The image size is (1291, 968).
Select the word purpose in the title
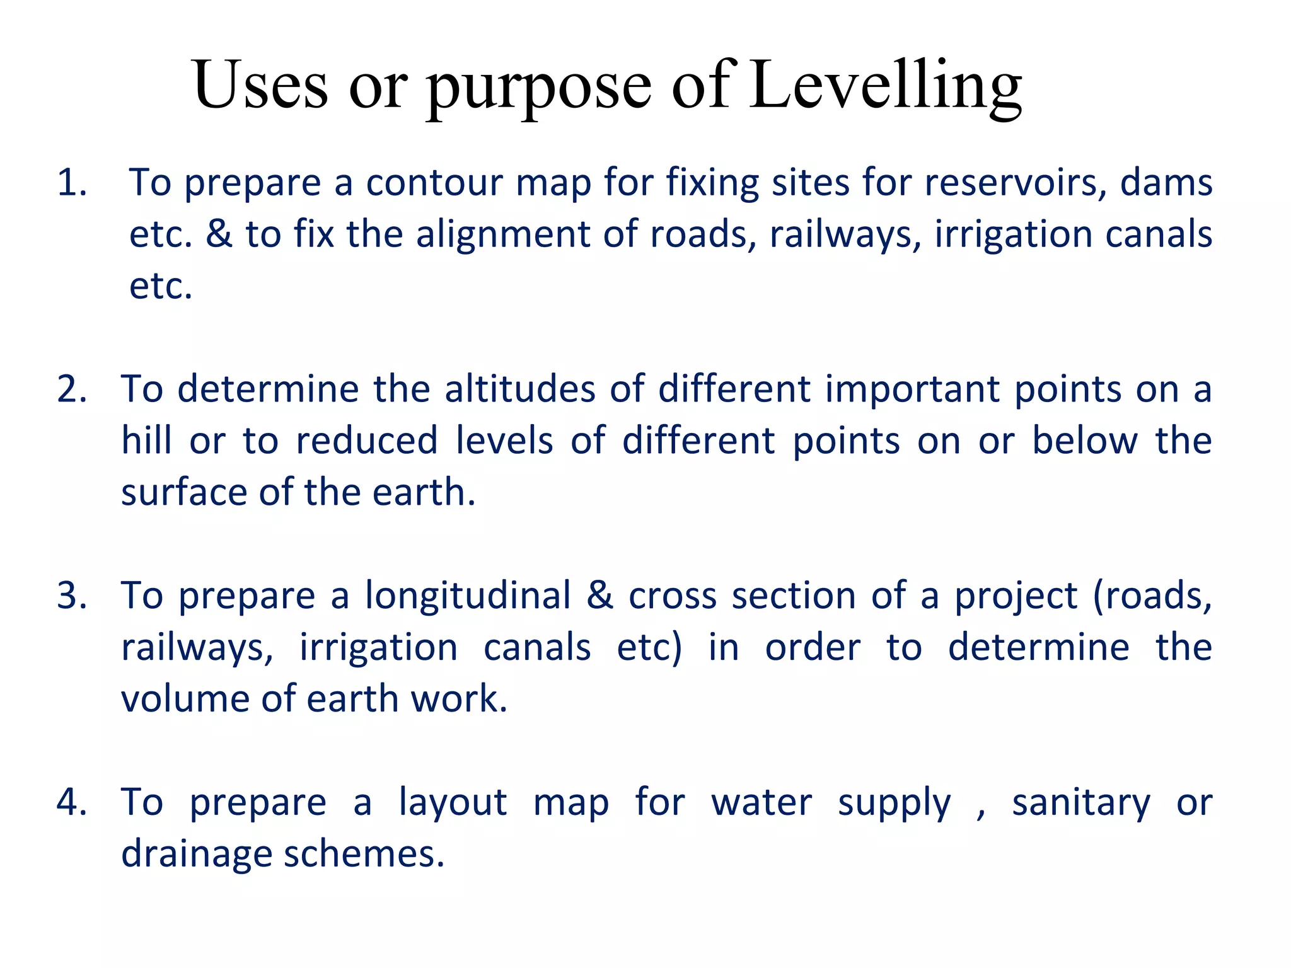coord(539,88)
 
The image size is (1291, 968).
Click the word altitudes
coord(519,389)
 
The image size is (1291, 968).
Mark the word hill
coord(146,440)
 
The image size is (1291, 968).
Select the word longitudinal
coord(468,596)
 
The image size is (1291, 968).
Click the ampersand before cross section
coord(599,596)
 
